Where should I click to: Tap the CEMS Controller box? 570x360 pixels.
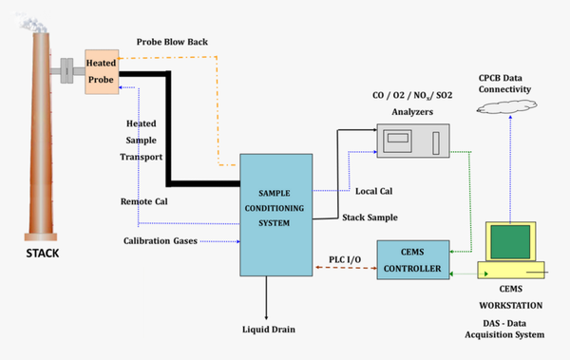pos(410,260)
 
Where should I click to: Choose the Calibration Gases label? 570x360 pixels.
pos(161,240)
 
